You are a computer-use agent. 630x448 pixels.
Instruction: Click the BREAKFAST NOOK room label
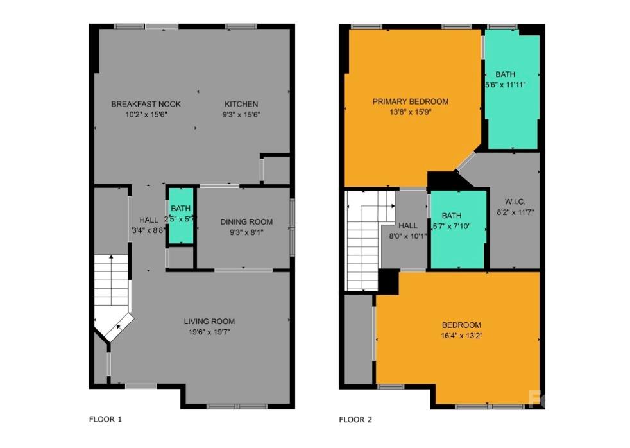146,104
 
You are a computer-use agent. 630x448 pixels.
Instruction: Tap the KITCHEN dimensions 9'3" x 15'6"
241,115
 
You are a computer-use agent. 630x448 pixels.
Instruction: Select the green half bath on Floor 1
181,216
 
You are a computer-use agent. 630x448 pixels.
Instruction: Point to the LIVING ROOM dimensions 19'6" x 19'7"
209,332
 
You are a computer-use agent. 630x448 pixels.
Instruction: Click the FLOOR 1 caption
105,420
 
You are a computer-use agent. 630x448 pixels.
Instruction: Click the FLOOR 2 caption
355,420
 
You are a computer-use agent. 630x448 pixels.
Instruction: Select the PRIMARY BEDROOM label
411,101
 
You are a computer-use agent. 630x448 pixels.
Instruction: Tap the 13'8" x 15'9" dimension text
411,112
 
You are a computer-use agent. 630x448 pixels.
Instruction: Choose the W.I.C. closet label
515,201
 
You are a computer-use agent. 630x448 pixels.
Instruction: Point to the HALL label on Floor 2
408,226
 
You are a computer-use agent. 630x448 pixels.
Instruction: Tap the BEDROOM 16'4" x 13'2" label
461,325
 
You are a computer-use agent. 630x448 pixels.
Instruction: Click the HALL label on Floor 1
149,220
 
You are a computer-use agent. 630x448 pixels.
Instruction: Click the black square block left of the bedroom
388,280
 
